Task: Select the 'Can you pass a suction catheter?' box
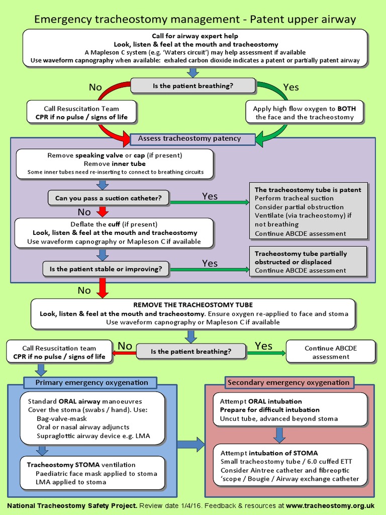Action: point(108,198)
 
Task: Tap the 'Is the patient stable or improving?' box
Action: point(106,269)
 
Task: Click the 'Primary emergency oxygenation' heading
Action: point(91,383)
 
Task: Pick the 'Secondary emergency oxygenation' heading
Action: point(288,383)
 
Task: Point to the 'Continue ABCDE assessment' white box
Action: point(330,352)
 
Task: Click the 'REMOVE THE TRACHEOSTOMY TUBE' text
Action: point(193,305)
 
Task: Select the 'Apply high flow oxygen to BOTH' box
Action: point(305,113)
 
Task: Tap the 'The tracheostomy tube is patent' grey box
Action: point(308,211)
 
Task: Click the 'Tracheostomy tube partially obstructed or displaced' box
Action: point(308,262)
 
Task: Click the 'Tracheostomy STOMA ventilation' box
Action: point(93,473)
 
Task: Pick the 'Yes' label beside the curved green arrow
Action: point(291,88)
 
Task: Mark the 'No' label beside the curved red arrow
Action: point(95,88)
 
